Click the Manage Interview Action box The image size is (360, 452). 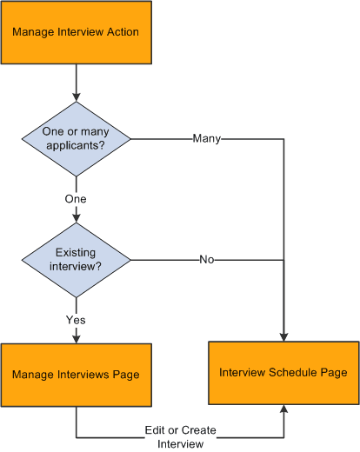point(76,32)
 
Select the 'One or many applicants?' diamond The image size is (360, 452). point(76,138)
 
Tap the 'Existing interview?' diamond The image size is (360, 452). point(76,259)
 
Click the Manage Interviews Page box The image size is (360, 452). point(76,375)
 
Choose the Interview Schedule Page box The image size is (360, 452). point(283,373)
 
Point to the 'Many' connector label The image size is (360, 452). point(207,138)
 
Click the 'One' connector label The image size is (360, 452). point(76,199)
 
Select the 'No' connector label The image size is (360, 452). point(207,259)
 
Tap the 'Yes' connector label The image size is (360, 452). point(76,319)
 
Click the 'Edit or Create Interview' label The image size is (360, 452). point(181,438)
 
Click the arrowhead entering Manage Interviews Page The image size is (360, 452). point(76,338)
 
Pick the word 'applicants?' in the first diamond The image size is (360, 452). point(76,144)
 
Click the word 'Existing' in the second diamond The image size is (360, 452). point(76,253)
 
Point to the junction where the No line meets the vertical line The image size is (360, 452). point(283,259)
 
